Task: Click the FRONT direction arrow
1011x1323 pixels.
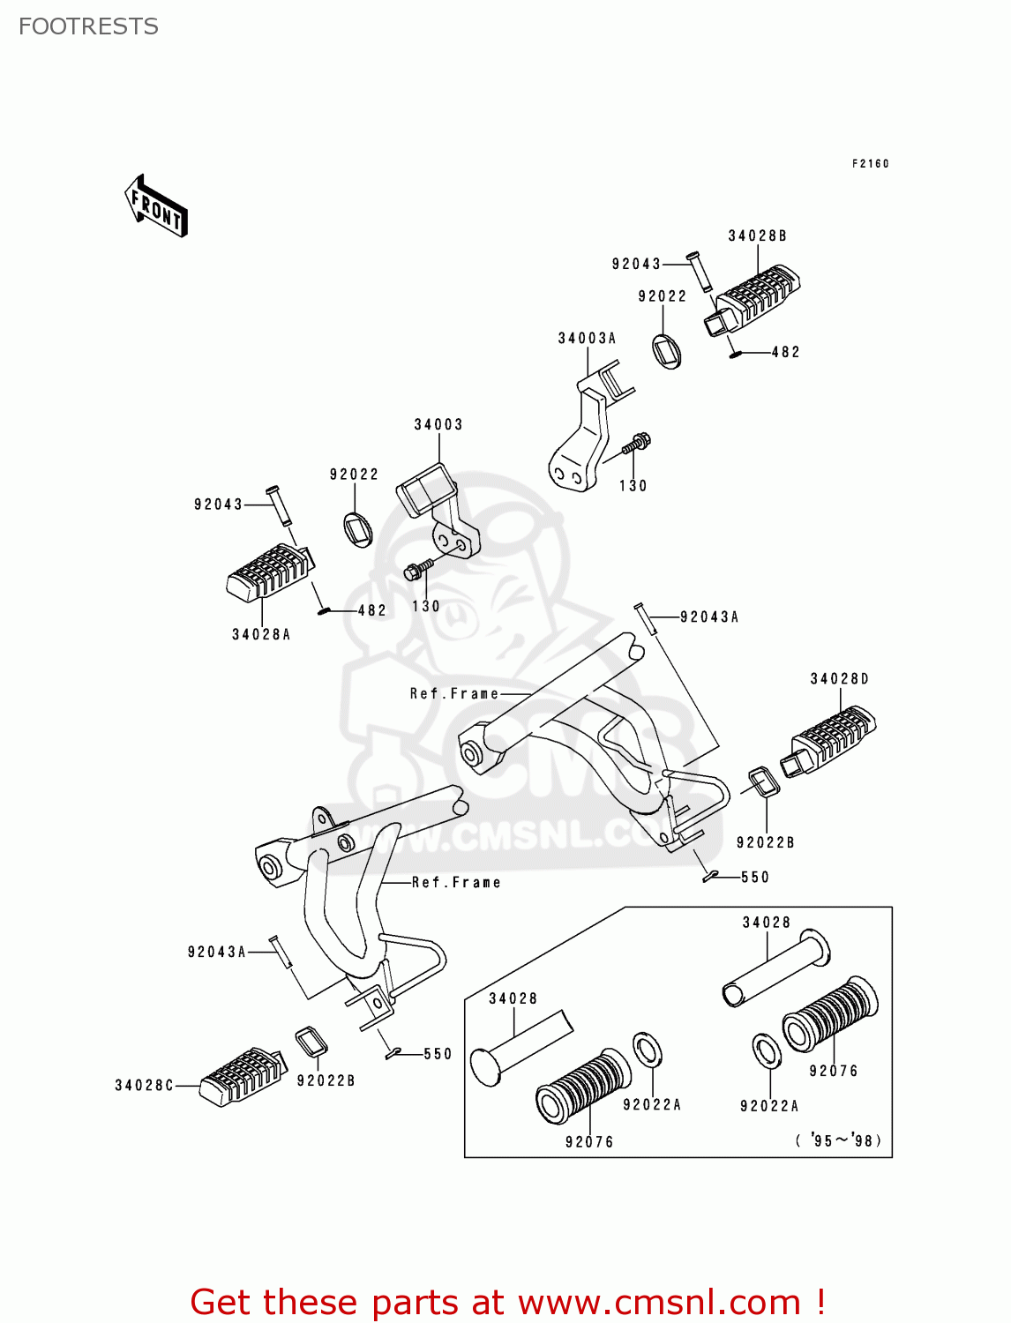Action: [x=156, y=206]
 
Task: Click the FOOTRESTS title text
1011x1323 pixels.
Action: [x=88, y=26]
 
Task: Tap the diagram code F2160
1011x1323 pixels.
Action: [x=870, y=163]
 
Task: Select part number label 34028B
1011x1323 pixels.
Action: [x=757, y=235]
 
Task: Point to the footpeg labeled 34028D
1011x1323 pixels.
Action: [x=829, y=741]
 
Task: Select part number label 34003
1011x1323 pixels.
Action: [x=438, y=424]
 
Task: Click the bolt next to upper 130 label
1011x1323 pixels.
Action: [x=637, y=443]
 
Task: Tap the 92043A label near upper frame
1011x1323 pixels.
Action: [x=709, y=617]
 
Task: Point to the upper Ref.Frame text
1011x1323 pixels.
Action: [x=453, y=694]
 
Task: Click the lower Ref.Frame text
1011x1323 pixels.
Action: [x=456, y=882]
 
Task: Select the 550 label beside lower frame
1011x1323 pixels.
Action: [x=438, y=1054]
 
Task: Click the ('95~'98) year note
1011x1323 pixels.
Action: [x=838, y=1140]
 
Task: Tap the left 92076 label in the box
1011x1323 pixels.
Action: [x=588, y=1142]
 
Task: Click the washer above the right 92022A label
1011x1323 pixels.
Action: [x=766, y=1051]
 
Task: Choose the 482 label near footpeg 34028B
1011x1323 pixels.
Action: [x=785, y=352]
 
